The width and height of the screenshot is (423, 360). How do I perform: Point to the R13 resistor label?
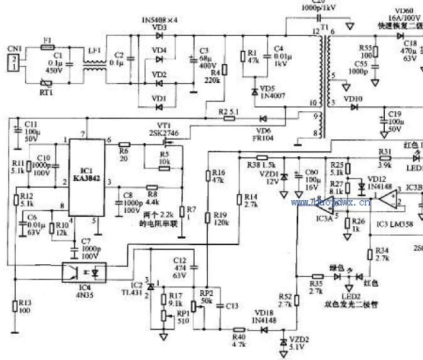(24, 305)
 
